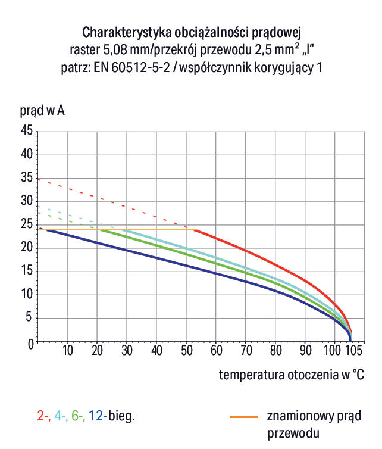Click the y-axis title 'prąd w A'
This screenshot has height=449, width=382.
(x=42, y=111)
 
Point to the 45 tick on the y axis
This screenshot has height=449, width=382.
(x=26, y=131)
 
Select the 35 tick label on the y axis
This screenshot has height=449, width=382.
(x=26, y=178)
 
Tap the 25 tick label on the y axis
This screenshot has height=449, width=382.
(x=26, y=225)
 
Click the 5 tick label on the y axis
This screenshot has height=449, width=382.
(x=29, y=319)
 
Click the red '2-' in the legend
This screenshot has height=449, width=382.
(x=43, y=416)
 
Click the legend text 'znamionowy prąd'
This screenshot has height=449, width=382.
(x=314, y=416)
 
